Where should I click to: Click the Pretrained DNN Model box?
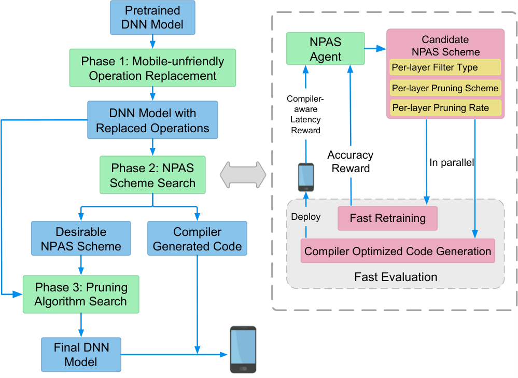(x=152, y=18)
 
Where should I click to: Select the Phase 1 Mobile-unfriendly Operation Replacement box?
(x=152, y=68)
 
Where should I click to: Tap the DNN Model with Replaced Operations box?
(x=152, y=120)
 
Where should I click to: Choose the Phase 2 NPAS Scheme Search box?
(x=152, y=175)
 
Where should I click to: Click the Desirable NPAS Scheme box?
(x=81, y=238)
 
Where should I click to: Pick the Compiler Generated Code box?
(x=197, y=238)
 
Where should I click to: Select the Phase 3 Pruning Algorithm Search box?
(x=81, y=295)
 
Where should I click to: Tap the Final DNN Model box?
(x=81, y=355)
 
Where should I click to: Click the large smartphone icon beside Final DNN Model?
(x=243, y=349)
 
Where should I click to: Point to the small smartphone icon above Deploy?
(x=306, y=177)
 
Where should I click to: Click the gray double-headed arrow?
(x=243, y=175)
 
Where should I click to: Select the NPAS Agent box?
(x=326, y=49)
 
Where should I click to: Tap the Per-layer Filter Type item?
(x=445, y=67)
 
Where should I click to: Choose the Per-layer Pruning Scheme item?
(x=445, y=88)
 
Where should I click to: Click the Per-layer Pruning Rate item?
(x=445, y=108)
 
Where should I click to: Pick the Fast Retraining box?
(x=387, y=218)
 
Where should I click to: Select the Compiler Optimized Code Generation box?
(x=398, y=251)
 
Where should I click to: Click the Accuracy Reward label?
(x=351, y=162)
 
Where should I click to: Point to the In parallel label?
(x=452, y=163)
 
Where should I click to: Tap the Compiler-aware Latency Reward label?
(x=305, y=114)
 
